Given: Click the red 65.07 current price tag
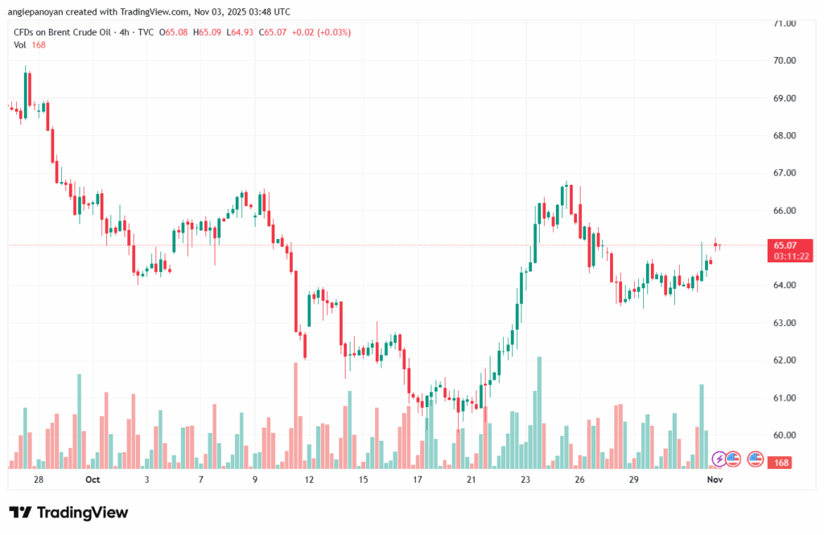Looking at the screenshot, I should [x=785, y=245].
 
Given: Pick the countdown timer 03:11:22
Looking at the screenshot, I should [x=790, y=257].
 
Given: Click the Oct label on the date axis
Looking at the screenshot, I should [x=93, y=479].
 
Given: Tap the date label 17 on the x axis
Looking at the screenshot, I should [x=418, y=479].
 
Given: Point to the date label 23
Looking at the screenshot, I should [x=525, y=479].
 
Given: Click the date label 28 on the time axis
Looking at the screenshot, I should [x=39, y=479].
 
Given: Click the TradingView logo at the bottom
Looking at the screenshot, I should [x=68, y=512].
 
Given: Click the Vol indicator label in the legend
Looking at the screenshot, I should [x=20, y=45].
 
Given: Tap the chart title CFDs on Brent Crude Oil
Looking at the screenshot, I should [x=64, y=32].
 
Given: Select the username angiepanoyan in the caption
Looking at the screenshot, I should [x=41, y=12].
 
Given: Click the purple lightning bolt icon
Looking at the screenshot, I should [x=719, y=459].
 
